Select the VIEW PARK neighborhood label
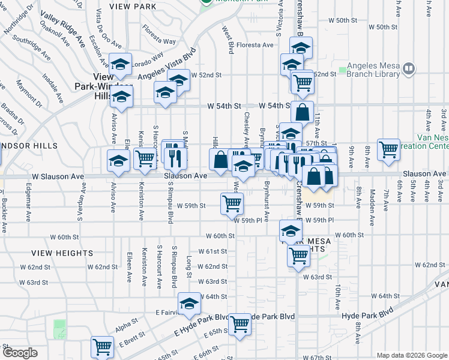133,7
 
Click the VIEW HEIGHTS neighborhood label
62,253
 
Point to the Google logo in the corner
20,352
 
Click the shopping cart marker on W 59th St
232,203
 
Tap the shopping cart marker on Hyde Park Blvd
240,324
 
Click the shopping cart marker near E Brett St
102,347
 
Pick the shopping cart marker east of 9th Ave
388,150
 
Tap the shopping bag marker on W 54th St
303,112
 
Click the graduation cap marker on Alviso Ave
119,161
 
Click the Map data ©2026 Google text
411,355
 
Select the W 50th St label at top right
383,28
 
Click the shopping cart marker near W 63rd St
298,256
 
